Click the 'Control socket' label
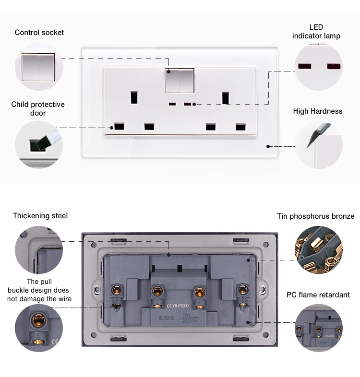[x=39, y=33]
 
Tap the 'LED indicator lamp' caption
[x=316, y=32]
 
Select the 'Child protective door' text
[x=38, y=108]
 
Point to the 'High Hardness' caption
[x=318, y=111]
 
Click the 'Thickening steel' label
[x=40, y=216]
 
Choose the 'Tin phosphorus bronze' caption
[x=315, y=216]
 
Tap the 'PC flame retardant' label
[x=318, y=295]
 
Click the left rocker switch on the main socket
[x=172, y=80]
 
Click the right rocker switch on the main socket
[x=187, y=80]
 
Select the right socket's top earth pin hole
[x=225, y=98]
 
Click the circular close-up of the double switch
[x=38, y=67]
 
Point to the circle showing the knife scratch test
[x=318, y=144]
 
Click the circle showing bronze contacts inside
[x=318, y=250]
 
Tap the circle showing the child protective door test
[x=38, y=144]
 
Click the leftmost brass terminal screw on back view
[x=116, y=290]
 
